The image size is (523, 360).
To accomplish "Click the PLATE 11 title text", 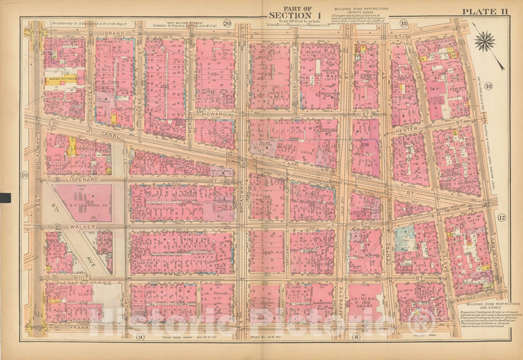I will pos(484,11).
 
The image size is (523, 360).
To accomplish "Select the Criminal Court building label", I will pos(365,303).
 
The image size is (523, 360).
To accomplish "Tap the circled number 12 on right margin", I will pos(502,218).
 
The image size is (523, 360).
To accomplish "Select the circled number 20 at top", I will pos(227,23).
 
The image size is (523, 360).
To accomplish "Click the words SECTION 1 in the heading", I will pos(290,15).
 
